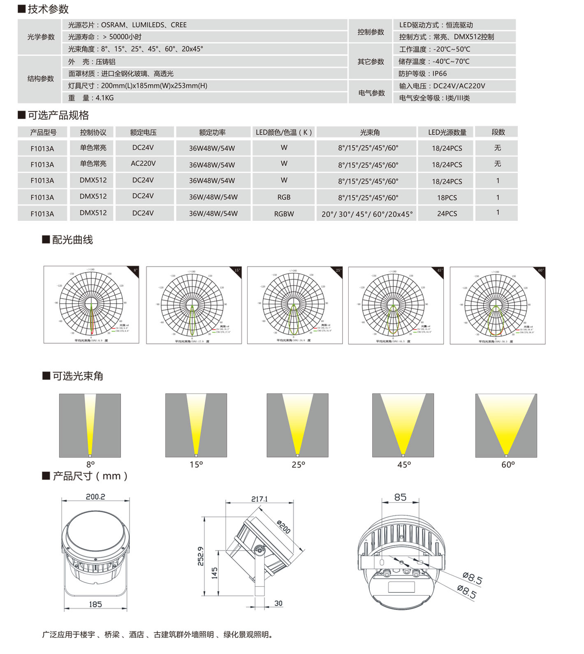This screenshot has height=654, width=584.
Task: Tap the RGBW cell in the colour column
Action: [x=284, y=213]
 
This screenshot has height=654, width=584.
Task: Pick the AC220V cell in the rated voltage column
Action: [x=143, y=163]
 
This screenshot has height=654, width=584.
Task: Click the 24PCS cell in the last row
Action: [x=447, y=213]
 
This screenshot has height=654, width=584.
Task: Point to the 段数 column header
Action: [x=498, y=132]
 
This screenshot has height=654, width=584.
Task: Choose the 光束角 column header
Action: [x=370, y=132]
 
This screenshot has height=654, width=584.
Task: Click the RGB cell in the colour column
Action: [x=284, y=197]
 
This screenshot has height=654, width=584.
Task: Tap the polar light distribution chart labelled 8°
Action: [x=91, y=304]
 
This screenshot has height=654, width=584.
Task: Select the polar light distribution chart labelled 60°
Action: [x=497, y=305]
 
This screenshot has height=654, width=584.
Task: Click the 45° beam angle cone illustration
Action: [x=403, y=425]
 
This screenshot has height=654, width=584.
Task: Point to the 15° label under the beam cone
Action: [x=196, y=464]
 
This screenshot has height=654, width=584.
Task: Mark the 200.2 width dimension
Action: [x=95, y=496]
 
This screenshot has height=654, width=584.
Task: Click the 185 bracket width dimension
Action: [x=95, y=604]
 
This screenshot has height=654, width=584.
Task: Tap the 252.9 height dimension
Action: [x=201, y=556]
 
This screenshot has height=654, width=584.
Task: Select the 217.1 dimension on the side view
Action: [x=260, y=499]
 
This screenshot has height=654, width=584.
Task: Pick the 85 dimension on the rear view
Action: [x=400, y=497]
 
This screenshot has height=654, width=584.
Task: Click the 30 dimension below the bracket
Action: [x=278, y=603]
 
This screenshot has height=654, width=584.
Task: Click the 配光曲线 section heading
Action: [x=72, y=240]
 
